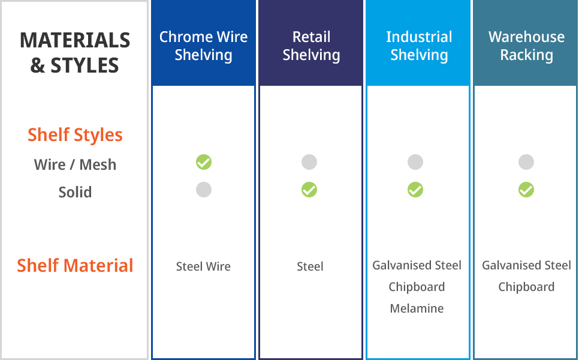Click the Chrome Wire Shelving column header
[x=203, y=46]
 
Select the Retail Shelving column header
[x=311, y=46]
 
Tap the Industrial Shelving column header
[x=419, y=46]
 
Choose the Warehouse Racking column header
[x=526, y=46]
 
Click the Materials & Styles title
[x=75, y=52]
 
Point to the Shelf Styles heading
[x=75, y=135]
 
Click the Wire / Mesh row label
[x=75, y=164]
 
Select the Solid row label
[x=75, y=192]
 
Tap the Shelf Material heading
[x=75, y=265]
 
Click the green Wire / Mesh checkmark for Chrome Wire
[x=204, y=162]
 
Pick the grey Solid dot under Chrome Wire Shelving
[x=204, y=190]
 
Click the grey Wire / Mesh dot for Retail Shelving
[x=309, y=162]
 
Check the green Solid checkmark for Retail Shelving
[x=309, y=190]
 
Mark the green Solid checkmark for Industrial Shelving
[x=415, y=190]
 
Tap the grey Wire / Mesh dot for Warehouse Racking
[x=526, y=162]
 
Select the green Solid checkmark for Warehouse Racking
[x=526, y=190]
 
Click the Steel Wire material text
[x=203, y=266]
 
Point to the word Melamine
[x=417, y=308]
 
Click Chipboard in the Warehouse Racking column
[x=526, y=287]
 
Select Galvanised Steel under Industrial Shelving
[x=417, y=265]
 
